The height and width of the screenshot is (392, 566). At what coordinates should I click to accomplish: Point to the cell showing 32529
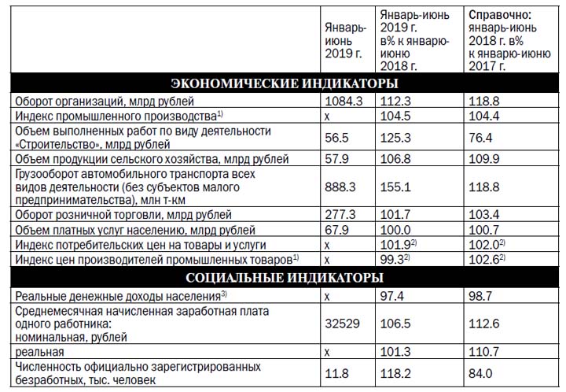coord(342,323)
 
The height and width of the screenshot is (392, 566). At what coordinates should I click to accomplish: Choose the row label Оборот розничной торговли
coord(123,215)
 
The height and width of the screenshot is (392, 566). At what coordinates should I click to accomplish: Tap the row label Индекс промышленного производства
coord(118,115)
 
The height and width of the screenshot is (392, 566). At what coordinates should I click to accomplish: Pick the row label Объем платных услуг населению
coord(134,230)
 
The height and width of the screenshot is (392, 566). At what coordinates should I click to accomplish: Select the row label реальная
coord(40,352)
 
